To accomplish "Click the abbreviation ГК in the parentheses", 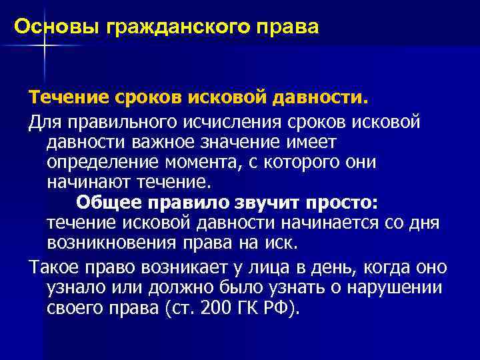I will [x=246, y=307].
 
